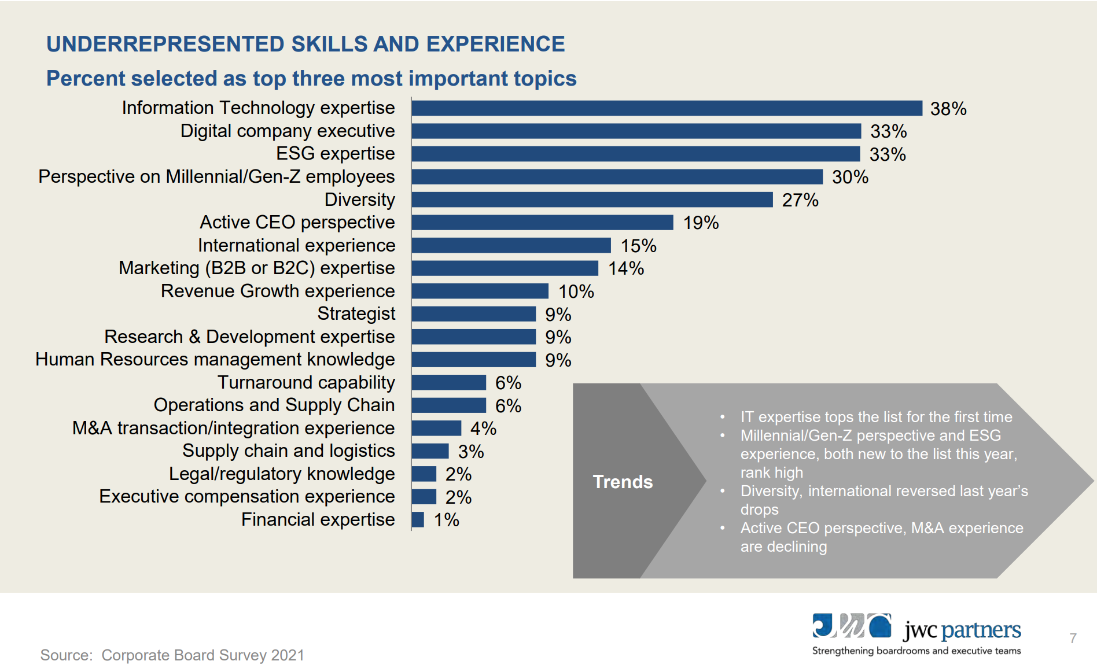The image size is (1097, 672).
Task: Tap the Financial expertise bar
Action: (418, 519)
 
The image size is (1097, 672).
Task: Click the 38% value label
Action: (948, 109)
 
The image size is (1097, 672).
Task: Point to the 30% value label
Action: (849, 177)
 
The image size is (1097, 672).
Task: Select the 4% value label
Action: (483, 429)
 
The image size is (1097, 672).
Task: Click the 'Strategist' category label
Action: (356, 313)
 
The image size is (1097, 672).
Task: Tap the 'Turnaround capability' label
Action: (306, 382)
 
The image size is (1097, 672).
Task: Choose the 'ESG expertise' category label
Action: (335, 154)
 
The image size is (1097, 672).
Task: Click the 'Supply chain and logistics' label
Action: (288, 451)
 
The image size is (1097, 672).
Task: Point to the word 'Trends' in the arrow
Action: (623, 482)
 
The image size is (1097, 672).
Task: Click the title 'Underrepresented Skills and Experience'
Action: (305, 44)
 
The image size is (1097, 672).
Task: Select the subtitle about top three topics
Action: (311, 79)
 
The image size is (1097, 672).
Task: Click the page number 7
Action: (1073, 638)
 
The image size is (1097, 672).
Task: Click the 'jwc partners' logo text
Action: (962, 630)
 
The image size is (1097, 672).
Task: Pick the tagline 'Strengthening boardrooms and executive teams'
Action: (916, 651)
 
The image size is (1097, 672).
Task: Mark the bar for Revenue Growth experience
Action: (480, 291)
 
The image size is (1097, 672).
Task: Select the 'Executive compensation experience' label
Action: (246, 496)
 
